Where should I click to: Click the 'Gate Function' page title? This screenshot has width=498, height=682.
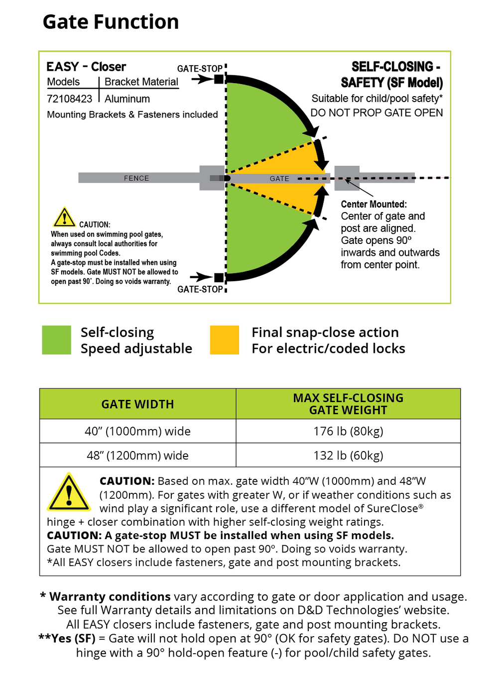coord(111,22)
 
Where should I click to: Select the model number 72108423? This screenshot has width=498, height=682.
coord(70,99)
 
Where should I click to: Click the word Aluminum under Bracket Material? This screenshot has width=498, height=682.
coord(127,99)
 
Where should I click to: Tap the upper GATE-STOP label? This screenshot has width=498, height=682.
coord(200,69)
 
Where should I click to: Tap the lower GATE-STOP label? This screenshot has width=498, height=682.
coord(200,289)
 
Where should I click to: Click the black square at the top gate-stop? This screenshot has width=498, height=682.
coord(219,79)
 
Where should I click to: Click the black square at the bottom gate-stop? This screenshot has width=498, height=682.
coord(219,277)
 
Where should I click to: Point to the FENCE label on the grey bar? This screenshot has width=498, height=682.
coord(136,178)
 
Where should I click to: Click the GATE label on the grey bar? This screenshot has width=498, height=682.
coord(279,179)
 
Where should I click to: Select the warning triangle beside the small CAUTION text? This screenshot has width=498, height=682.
coord(64,218)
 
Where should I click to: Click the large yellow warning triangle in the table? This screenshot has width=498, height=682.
coord(69,493)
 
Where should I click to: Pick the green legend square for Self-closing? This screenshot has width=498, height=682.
coord(56,340)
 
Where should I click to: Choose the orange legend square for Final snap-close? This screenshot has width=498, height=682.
coord(225,340)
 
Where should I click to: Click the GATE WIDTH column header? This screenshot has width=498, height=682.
coord(137,404)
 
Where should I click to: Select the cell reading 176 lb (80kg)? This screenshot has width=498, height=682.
coord(348,431)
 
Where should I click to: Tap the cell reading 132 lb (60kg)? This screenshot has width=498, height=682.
coord(348,455)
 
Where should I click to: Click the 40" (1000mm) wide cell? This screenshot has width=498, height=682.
coord(137,431)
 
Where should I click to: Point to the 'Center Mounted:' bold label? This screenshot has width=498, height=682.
coord(373,204)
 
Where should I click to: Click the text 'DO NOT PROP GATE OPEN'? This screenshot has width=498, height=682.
coord(376,113)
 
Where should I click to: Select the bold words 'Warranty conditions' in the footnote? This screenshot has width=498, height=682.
coord(110,596)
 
